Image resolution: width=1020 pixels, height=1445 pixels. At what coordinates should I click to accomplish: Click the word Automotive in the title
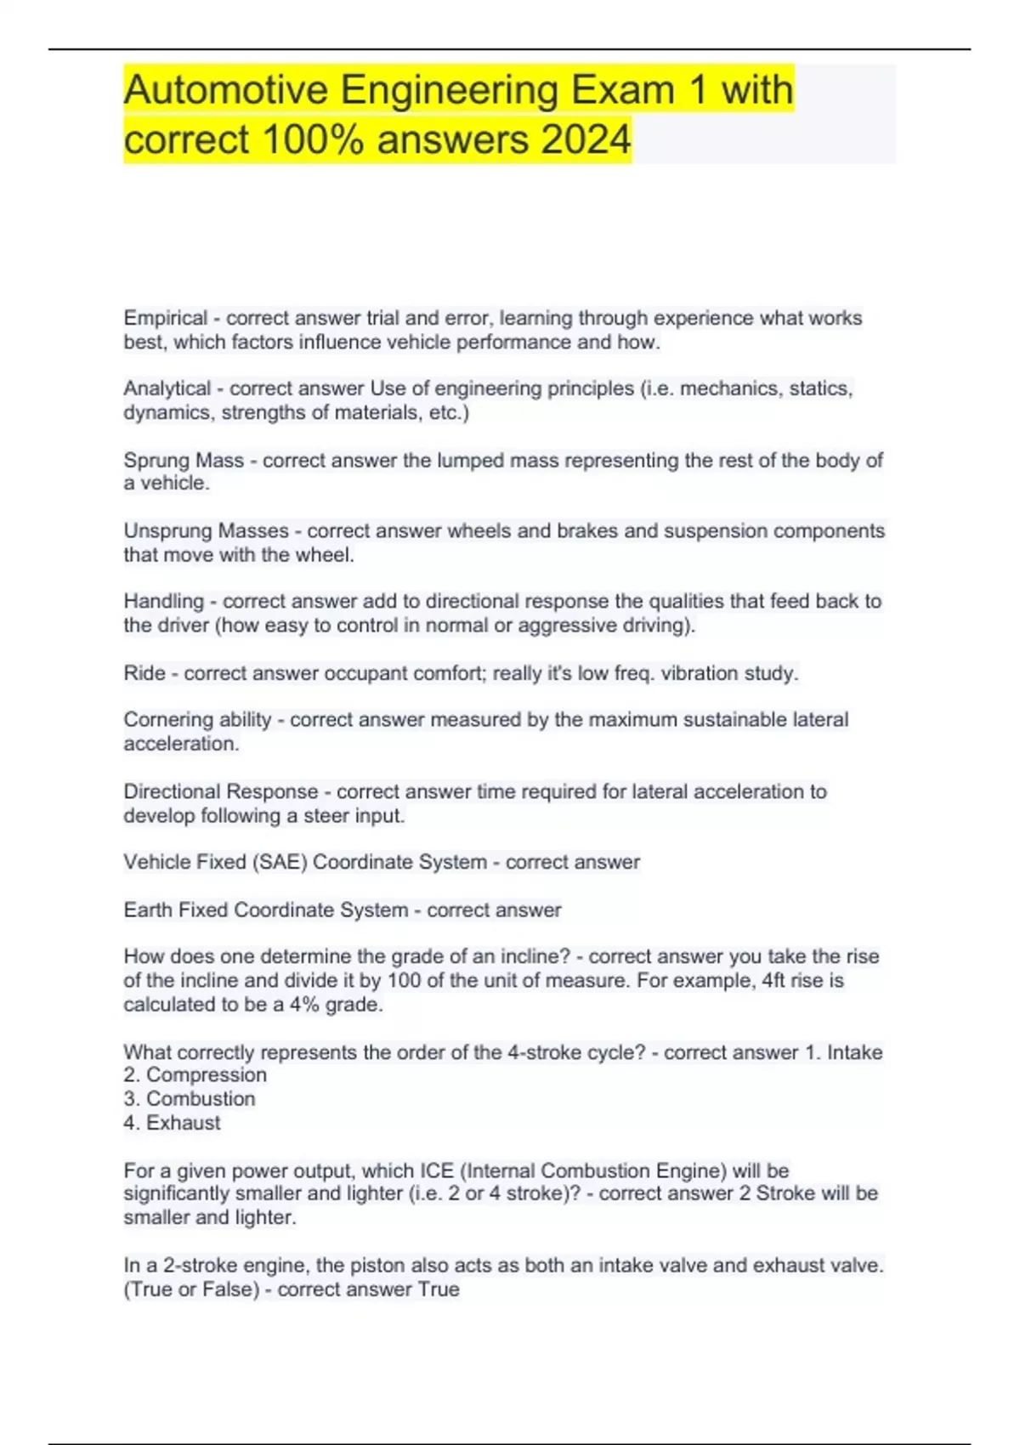(x=225, y=90)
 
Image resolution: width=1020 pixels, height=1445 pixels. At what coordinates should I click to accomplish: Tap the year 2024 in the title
(x=586, y=139)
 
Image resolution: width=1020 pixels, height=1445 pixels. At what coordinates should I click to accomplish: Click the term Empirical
(x=166, y=318)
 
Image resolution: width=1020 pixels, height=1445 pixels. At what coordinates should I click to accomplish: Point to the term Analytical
(x=167, y=388)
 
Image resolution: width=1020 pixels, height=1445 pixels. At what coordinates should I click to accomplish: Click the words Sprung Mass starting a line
(x=184, y=460)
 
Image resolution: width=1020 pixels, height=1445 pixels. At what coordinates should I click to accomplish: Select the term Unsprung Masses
(x=207, y=530)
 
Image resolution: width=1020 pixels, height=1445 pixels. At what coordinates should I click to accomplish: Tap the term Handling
(x=164, y=601)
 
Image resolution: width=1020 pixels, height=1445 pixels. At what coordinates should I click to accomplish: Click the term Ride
(x=144, y=673)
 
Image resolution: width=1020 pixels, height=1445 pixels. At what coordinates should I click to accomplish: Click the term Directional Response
(x=221, y=791)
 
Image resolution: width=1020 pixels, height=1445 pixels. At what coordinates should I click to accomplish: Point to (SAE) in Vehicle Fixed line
(x=279, y=862)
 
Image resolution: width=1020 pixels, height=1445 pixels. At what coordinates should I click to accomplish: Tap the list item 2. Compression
(x=195, y=1074)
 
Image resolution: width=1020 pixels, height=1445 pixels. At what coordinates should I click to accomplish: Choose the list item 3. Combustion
(x=190, y=1098)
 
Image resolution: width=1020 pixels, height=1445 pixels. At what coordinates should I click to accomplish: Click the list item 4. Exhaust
(x=173, y=1122)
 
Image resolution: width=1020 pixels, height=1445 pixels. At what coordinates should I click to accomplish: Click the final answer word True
(x=439, y=1289)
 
